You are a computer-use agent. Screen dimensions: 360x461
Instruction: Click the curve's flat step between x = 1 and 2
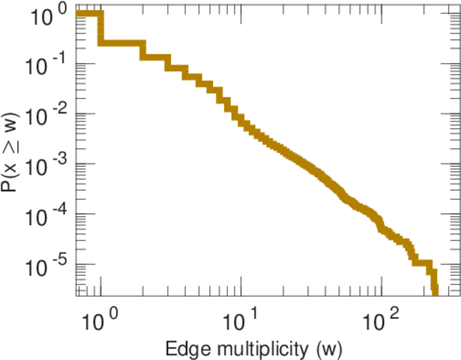pos(122,43)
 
